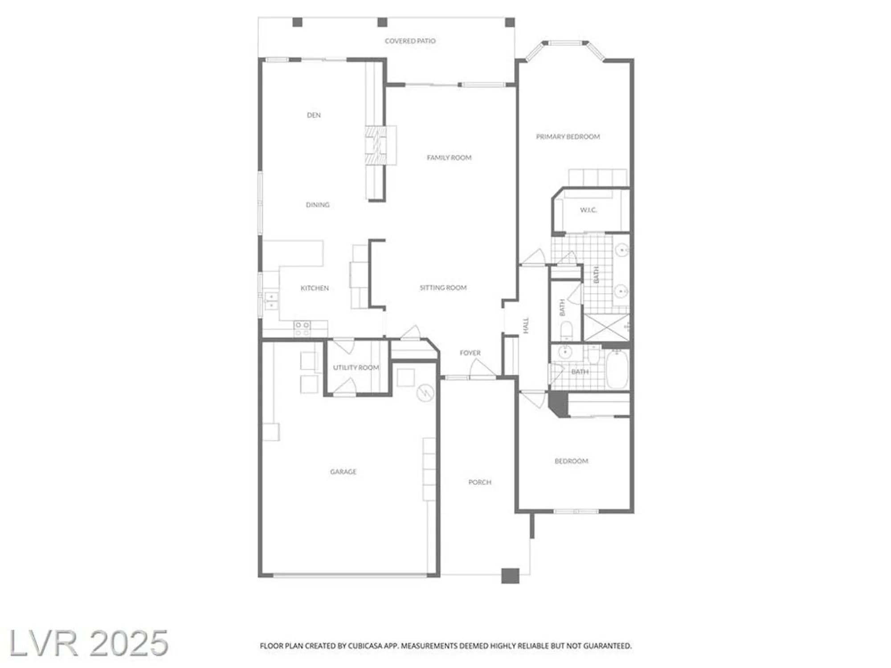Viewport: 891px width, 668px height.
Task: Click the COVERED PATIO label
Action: click(x=410, y=41)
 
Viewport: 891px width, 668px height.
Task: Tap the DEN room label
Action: click(x=314, y=115)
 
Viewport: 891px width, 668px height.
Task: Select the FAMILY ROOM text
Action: click(x=449, y=158)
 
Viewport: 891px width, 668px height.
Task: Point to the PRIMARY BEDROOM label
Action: click(x=568, y=137)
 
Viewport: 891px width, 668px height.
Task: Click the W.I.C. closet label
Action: click(x=588, y=210)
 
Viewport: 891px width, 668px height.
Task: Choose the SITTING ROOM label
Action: click(x=443, y=288)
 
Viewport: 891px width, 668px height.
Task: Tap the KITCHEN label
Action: click(x=315, y=288)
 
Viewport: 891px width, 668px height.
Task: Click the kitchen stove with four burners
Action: click(x=302, y=329)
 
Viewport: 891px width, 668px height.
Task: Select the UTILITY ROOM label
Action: click(x=356, y=367)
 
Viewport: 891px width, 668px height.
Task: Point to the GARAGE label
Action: click(x=343, y=472)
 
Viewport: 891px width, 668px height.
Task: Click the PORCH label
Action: click(x=480, y=482)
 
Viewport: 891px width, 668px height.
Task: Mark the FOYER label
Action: click(x=470, y=353)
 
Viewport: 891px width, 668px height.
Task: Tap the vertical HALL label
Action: click(x=526, y=325)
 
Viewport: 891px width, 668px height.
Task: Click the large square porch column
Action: click(x=510, y=576)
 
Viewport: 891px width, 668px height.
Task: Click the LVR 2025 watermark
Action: click(x=88, y=643)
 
